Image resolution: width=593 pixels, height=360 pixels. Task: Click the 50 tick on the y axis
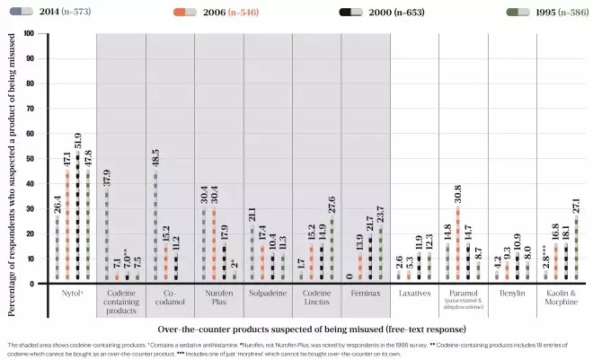point(30,159)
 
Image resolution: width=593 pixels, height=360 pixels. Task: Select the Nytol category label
point(69,294)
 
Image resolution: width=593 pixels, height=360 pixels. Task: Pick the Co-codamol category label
point(169,298)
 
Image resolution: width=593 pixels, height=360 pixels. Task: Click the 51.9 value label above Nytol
point(80,140)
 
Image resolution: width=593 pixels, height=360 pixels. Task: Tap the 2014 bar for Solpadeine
point(252,257)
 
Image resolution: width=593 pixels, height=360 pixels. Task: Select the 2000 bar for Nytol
point(80,218)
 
